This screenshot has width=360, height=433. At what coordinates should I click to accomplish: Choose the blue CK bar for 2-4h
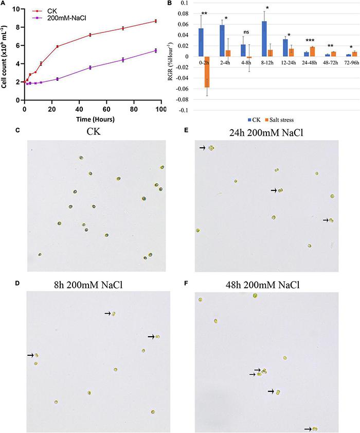coord(222,41)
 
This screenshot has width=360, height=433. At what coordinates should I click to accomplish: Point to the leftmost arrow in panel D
coord(30,355)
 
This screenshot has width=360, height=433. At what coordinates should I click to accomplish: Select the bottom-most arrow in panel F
coord(307,428)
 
